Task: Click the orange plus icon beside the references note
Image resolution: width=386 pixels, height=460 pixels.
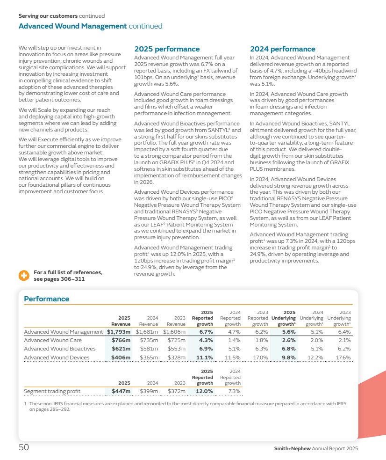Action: (24, 276)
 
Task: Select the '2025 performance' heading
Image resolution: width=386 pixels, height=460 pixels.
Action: (167, 49)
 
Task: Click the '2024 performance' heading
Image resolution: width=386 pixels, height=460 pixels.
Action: (283, 49)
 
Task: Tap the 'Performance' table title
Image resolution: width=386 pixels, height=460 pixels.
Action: (46, 299)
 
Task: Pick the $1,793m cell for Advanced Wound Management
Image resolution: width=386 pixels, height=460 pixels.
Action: (119, 332)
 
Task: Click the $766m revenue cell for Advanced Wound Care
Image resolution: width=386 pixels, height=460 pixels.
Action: (121, 340)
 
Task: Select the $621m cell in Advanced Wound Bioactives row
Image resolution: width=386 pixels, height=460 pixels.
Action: (121, 349)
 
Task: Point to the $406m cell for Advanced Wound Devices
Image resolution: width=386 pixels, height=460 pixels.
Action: (121, 358)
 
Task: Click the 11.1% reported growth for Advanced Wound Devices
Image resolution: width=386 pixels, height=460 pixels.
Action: (204, 358)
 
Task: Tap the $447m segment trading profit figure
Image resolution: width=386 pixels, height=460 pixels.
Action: (121, 391)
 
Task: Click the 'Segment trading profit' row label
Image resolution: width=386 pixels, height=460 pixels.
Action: (52, 391)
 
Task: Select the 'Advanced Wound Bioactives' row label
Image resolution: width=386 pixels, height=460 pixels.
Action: (59, 349)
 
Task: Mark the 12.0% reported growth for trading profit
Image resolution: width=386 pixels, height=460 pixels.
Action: (204, 391)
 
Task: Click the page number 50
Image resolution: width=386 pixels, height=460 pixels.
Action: (24, 448)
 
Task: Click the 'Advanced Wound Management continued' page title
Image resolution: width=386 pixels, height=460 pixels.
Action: (90, 26)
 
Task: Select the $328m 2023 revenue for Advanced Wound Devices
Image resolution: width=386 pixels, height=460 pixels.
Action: (177, 358)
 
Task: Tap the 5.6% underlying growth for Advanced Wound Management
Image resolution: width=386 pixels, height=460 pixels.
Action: (288, 332)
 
